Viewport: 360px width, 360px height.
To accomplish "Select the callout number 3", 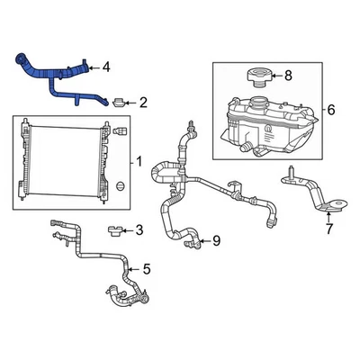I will point(139,230).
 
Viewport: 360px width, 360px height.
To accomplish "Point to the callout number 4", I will point(108,66).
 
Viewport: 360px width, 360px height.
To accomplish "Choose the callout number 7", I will point(329,229).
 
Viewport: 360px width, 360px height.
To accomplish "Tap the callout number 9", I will point(216,240).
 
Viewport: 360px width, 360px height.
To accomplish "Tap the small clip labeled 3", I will point(113,231).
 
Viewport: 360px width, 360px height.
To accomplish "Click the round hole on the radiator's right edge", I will point(119,186).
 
